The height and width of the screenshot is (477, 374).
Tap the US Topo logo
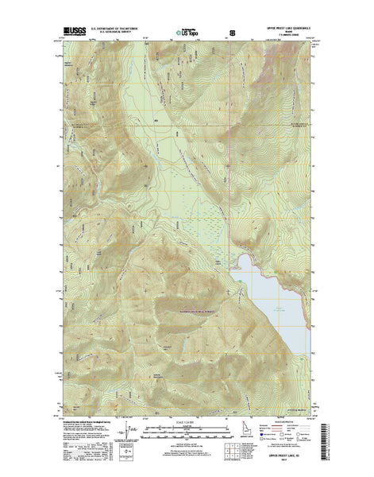click(x=189, y=33)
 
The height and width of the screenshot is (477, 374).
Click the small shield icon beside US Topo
click(x=231, y=33)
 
